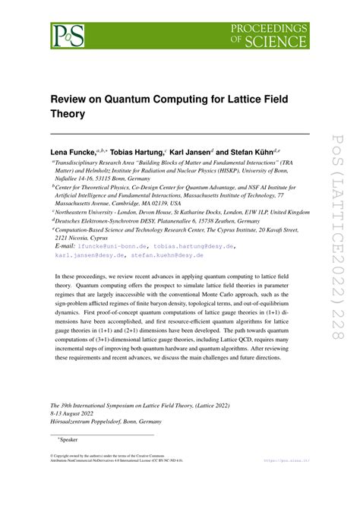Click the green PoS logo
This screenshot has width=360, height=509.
coord(66,34)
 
